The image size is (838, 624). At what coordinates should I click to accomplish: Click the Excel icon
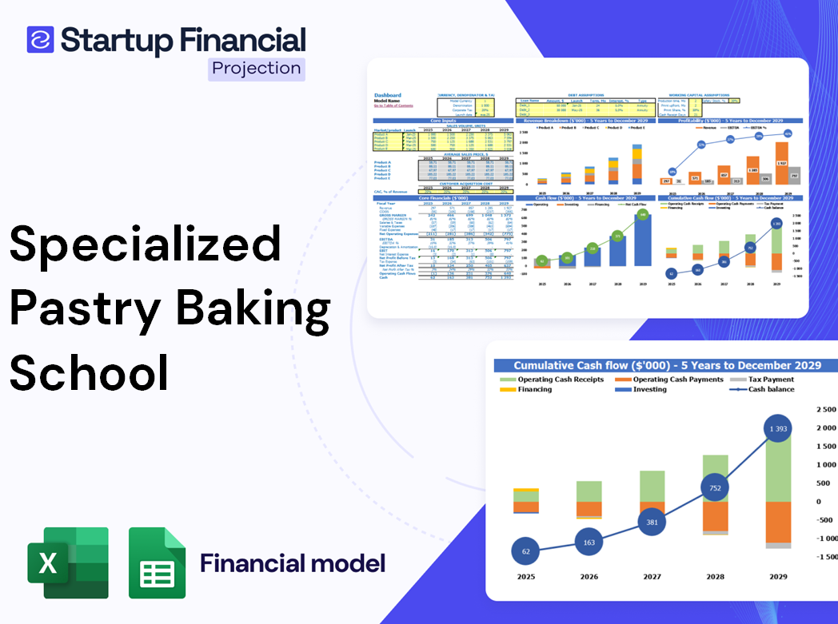click(67, 562)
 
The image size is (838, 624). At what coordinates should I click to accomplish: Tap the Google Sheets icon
click(158, 563)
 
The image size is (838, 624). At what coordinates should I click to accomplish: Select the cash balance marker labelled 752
click(714, 487)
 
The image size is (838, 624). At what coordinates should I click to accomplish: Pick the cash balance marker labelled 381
click(652, 522)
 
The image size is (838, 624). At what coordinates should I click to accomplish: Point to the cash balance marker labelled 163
click(589, 543)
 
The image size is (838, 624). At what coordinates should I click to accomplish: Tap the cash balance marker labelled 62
click(525, 550)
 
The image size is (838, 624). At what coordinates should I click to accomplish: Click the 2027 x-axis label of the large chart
click(652, 577)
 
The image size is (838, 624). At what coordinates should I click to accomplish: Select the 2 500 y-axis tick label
click(826, 409)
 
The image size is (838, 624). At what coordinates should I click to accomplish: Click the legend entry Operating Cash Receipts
click(560, 380)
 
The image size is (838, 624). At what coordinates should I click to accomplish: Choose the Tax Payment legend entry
click(770, 380)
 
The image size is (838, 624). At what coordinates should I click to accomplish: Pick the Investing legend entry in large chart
click(649, 389)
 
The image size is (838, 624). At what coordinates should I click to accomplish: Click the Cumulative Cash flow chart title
click(667, 365)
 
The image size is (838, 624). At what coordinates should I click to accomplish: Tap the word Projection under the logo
click(257, 68)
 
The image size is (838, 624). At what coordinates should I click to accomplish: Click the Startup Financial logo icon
click(40, 39)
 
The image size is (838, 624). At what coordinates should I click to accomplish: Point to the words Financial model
click(293, 563)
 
